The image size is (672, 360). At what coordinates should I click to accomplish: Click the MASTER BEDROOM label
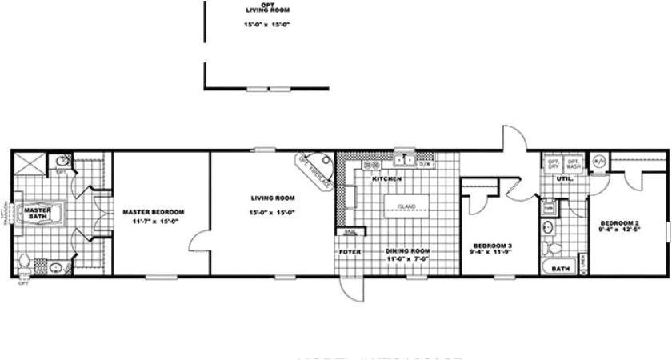[x=154, y=211]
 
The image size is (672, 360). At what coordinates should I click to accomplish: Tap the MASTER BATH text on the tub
[x=37, y=212]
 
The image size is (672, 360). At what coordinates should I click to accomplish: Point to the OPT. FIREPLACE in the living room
[x=314, y=170]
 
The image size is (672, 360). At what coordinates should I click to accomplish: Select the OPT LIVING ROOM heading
[x=268, y=10]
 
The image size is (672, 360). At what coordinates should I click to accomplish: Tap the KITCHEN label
[x=386, y=178]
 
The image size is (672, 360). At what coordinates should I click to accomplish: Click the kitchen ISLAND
[x=406, y=206]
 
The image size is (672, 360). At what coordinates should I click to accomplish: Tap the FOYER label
[x=349, y=252]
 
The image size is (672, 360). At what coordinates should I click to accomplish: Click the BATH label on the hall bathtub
[x=561, y=269]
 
